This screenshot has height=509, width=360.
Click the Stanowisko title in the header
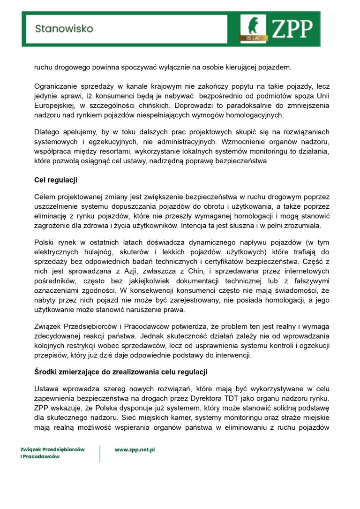pyautogui.click(x=64, y=29)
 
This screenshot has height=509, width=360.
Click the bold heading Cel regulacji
pyautogui.click(x=56, y=180)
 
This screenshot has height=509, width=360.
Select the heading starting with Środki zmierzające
pyautogui.click(x=121, y=372)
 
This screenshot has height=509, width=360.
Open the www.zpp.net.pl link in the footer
pyautogui.click(x=135, y=449)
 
